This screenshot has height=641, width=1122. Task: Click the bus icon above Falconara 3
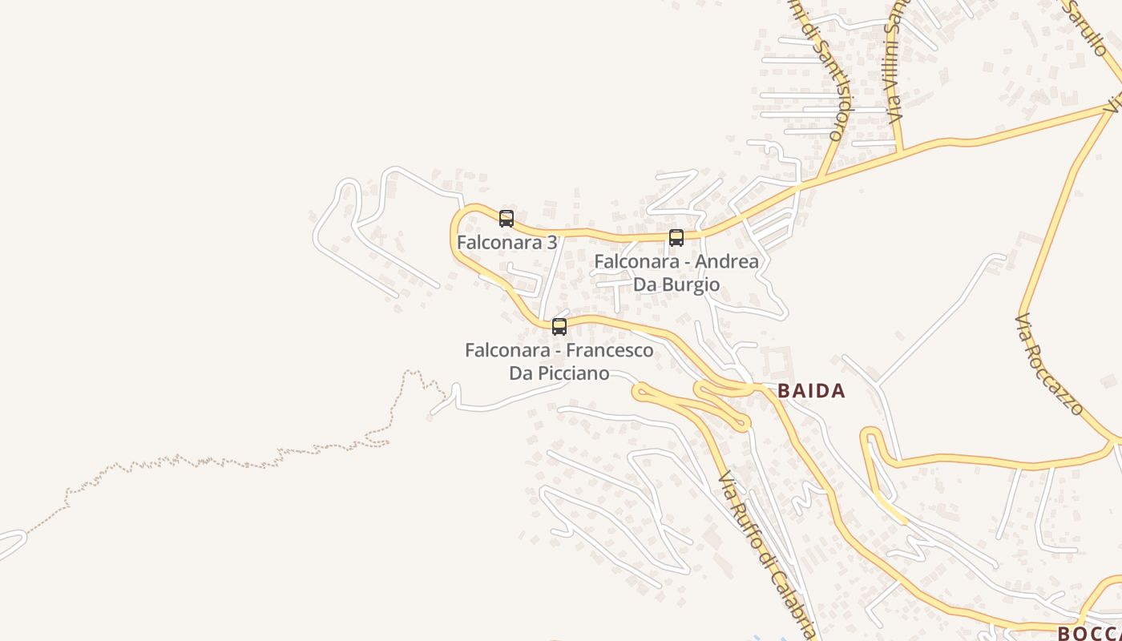coord(507,218)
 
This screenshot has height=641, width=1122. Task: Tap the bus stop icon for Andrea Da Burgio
coord(676,237)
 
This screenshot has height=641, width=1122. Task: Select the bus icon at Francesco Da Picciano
coord(559,326)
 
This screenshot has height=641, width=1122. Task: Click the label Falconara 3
coord(507,242)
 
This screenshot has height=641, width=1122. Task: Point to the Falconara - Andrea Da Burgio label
coord(676,272)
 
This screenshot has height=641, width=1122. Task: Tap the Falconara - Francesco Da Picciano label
coord(559,361)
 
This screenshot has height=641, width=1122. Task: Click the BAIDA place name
coord(811,391)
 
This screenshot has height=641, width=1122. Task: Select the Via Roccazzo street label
coord(1049,365)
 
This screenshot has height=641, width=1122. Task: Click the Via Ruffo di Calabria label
coord(767,553)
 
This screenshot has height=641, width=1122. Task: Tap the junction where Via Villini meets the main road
coord(901,151)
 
